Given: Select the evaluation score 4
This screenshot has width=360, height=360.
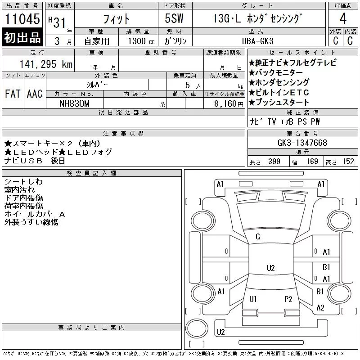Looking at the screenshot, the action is pyautogui.click(x=342, y=19).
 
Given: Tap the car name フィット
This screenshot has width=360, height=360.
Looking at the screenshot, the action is pyautogui.click(x=117, y=19).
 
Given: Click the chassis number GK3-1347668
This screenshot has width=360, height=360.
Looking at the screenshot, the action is pyautogui.click(x=302, y=143).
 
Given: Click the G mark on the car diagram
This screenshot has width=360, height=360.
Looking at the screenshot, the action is pyautogui.click(x=258, y=237).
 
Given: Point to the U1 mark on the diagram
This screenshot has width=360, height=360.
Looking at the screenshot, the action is pyautogui.click(x=253, y=299).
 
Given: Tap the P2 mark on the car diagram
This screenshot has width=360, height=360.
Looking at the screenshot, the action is pyautogui.click(x=288, y=299).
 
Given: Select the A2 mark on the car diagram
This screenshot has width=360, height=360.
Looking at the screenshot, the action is pyautogui.click(x=320, y=308).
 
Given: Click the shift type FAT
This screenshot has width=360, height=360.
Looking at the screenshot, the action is pyautogui.click(x=12, y=94).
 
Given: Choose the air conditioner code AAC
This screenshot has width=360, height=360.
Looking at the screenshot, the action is pyautogui.click(x=34, y=94).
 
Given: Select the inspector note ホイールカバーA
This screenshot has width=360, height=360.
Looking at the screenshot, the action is pyautogui.click(x=35, y=214).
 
